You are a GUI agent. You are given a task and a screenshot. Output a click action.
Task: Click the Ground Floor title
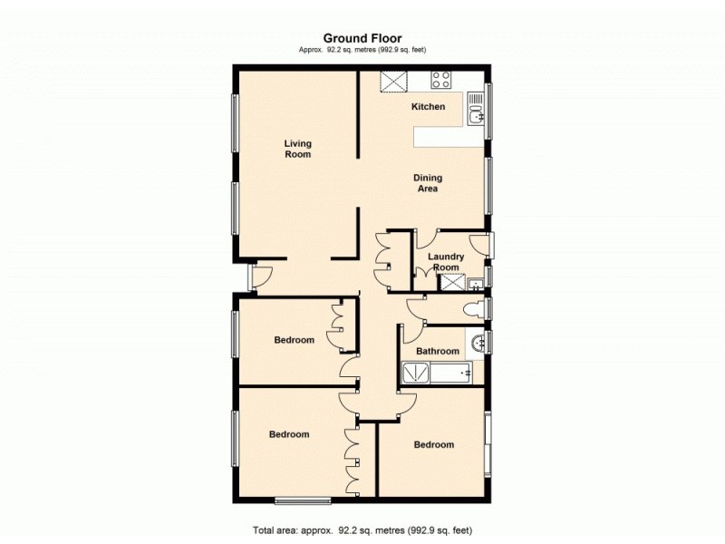coord(362,38)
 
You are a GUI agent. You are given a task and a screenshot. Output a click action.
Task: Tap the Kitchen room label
coord(429,107)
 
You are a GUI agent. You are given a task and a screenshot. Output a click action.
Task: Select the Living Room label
coord(297,149)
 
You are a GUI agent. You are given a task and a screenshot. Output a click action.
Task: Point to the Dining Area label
coord(427,183)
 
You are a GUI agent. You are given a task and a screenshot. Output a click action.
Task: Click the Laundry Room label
coord(446,262)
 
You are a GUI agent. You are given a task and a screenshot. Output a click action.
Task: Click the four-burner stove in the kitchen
coord(441,80)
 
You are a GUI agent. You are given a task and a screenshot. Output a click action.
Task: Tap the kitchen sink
coord(476,112)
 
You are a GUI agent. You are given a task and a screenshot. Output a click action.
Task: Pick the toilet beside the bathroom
coord(470,310)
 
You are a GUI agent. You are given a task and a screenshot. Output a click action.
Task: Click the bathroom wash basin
coord(477,343)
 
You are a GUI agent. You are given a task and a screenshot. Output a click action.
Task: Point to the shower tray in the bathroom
coord(415,373)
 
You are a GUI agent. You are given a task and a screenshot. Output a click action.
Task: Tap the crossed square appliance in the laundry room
coord(450,282)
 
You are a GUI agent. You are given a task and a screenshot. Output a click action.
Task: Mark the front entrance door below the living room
coord(260,278)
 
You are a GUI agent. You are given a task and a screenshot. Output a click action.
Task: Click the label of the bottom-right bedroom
coord(434,445)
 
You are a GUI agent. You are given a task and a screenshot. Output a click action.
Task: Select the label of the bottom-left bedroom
coord(289,435)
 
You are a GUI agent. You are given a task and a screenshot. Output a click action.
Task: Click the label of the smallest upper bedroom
coord(295,341)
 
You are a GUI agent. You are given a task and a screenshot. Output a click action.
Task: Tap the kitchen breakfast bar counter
coord(444,137)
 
